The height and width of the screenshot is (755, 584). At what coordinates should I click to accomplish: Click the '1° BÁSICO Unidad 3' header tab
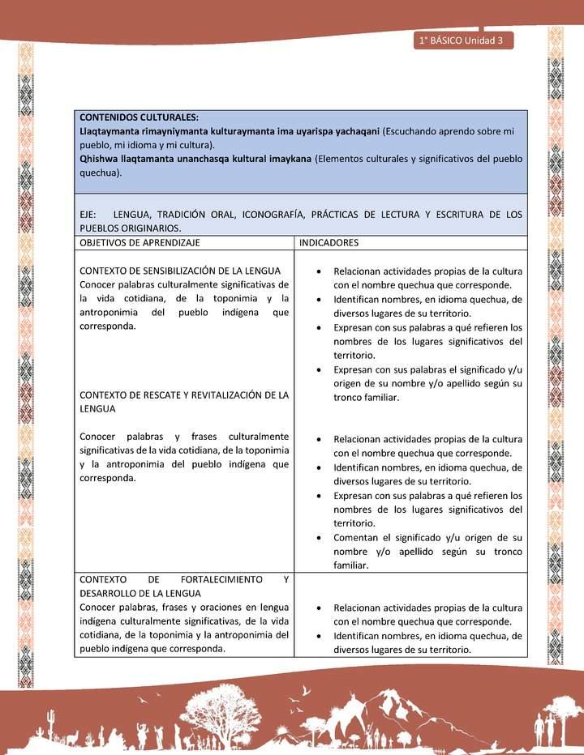click(462, 41)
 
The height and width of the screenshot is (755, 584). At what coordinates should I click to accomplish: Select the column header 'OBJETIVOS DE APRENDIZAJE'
click(140, 242)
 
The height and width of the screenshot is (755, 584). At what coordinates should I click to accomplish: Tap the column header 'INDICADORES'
click(329, 242)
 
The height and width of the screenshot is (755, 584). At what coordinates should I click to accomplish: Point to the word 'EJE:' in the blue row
click(88, 215)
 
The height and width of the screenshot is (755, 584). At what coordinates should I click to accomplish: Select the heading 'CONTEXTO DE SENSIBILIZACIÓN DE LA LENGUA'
click(180, 271)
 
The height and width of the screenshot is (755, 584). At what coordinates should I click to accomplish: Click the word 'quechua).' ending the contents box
click(101, 173)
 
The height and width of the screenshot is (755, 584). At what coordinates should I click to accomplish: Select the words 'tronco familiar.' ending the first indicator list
click(367, 398)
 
